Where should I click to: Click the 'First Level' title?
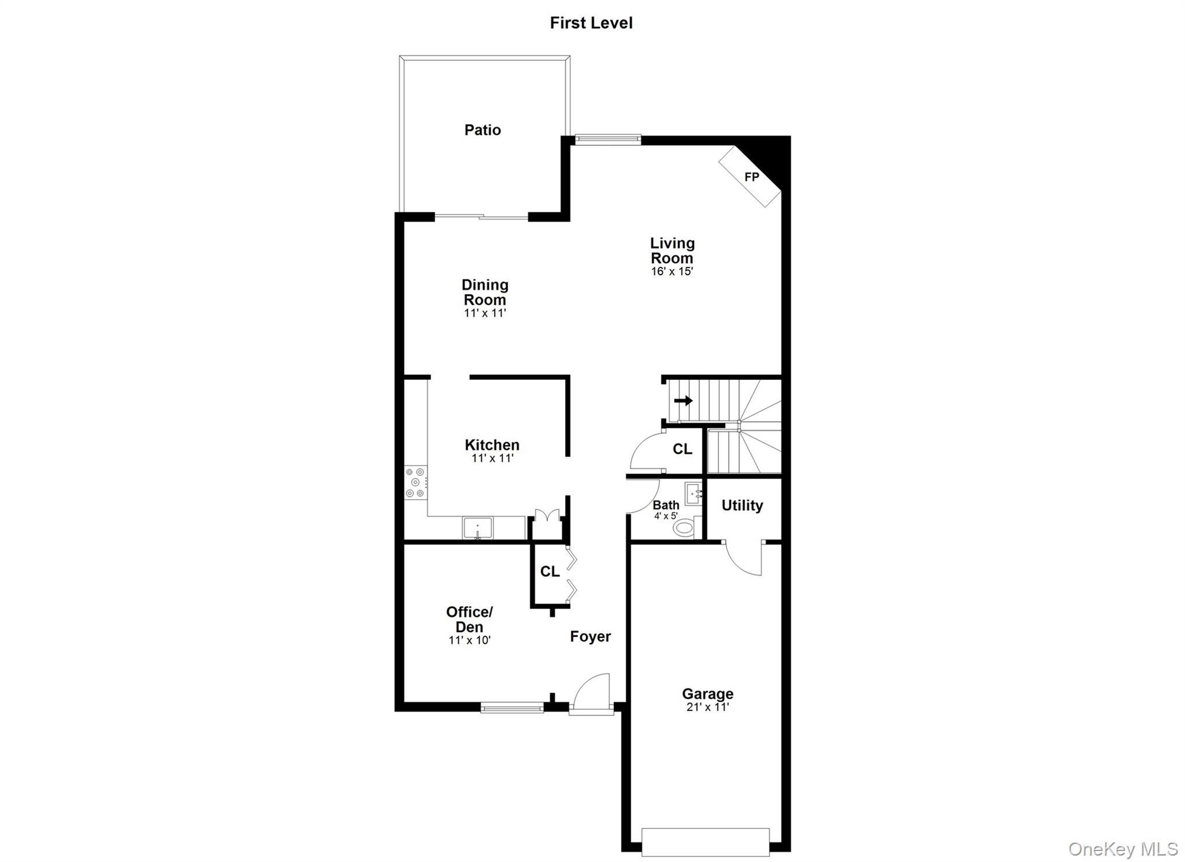pyautogui.click(x=591, y=23)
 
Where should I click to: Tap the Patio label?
pyautogui.click(x=483, y=130)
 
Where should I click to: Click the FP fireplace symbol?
pyautogui.click(x=751, y=176)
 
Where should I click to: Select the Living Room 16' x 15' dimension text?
pyautogui.click(x=672, y=272)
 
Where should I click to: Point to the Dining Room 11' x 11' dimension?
pyautogui.click(x=485, y=313)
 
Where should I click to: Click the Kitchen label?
pyautogui.click(x=492, y=445)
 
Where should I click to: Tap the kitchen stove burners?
pyautogui.click(x=414, y=482)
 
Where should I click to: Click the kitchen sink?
pyautogui.click(x=477, y=528)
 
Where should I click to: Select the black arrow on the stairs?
pyautogui.click(x=683, y=400)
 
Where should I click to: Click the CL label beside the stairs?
pyautogui.click(x=682, y=449)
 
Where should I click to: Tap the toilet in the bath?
pyautogui.click(x=684, y=527)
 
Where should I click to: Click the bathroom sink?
pyautogui.click(x=693, y=493)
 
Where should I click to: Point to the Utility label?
pyautogui.click(x=742, y=505)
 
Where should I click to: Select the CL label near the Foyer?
pyautogui.click(x=549, y=571)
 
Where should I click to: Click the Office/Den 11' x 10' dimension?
pyautogui.click(x=469, y=640)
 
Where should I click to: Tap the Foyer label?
pyautogui.click(x=590, y=636)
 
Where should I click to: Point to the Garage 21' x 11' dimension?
pyautogui.click(x=707, y=707)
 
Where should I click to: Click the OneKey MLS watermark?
pyautogui.click(x=1123, y=849)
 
